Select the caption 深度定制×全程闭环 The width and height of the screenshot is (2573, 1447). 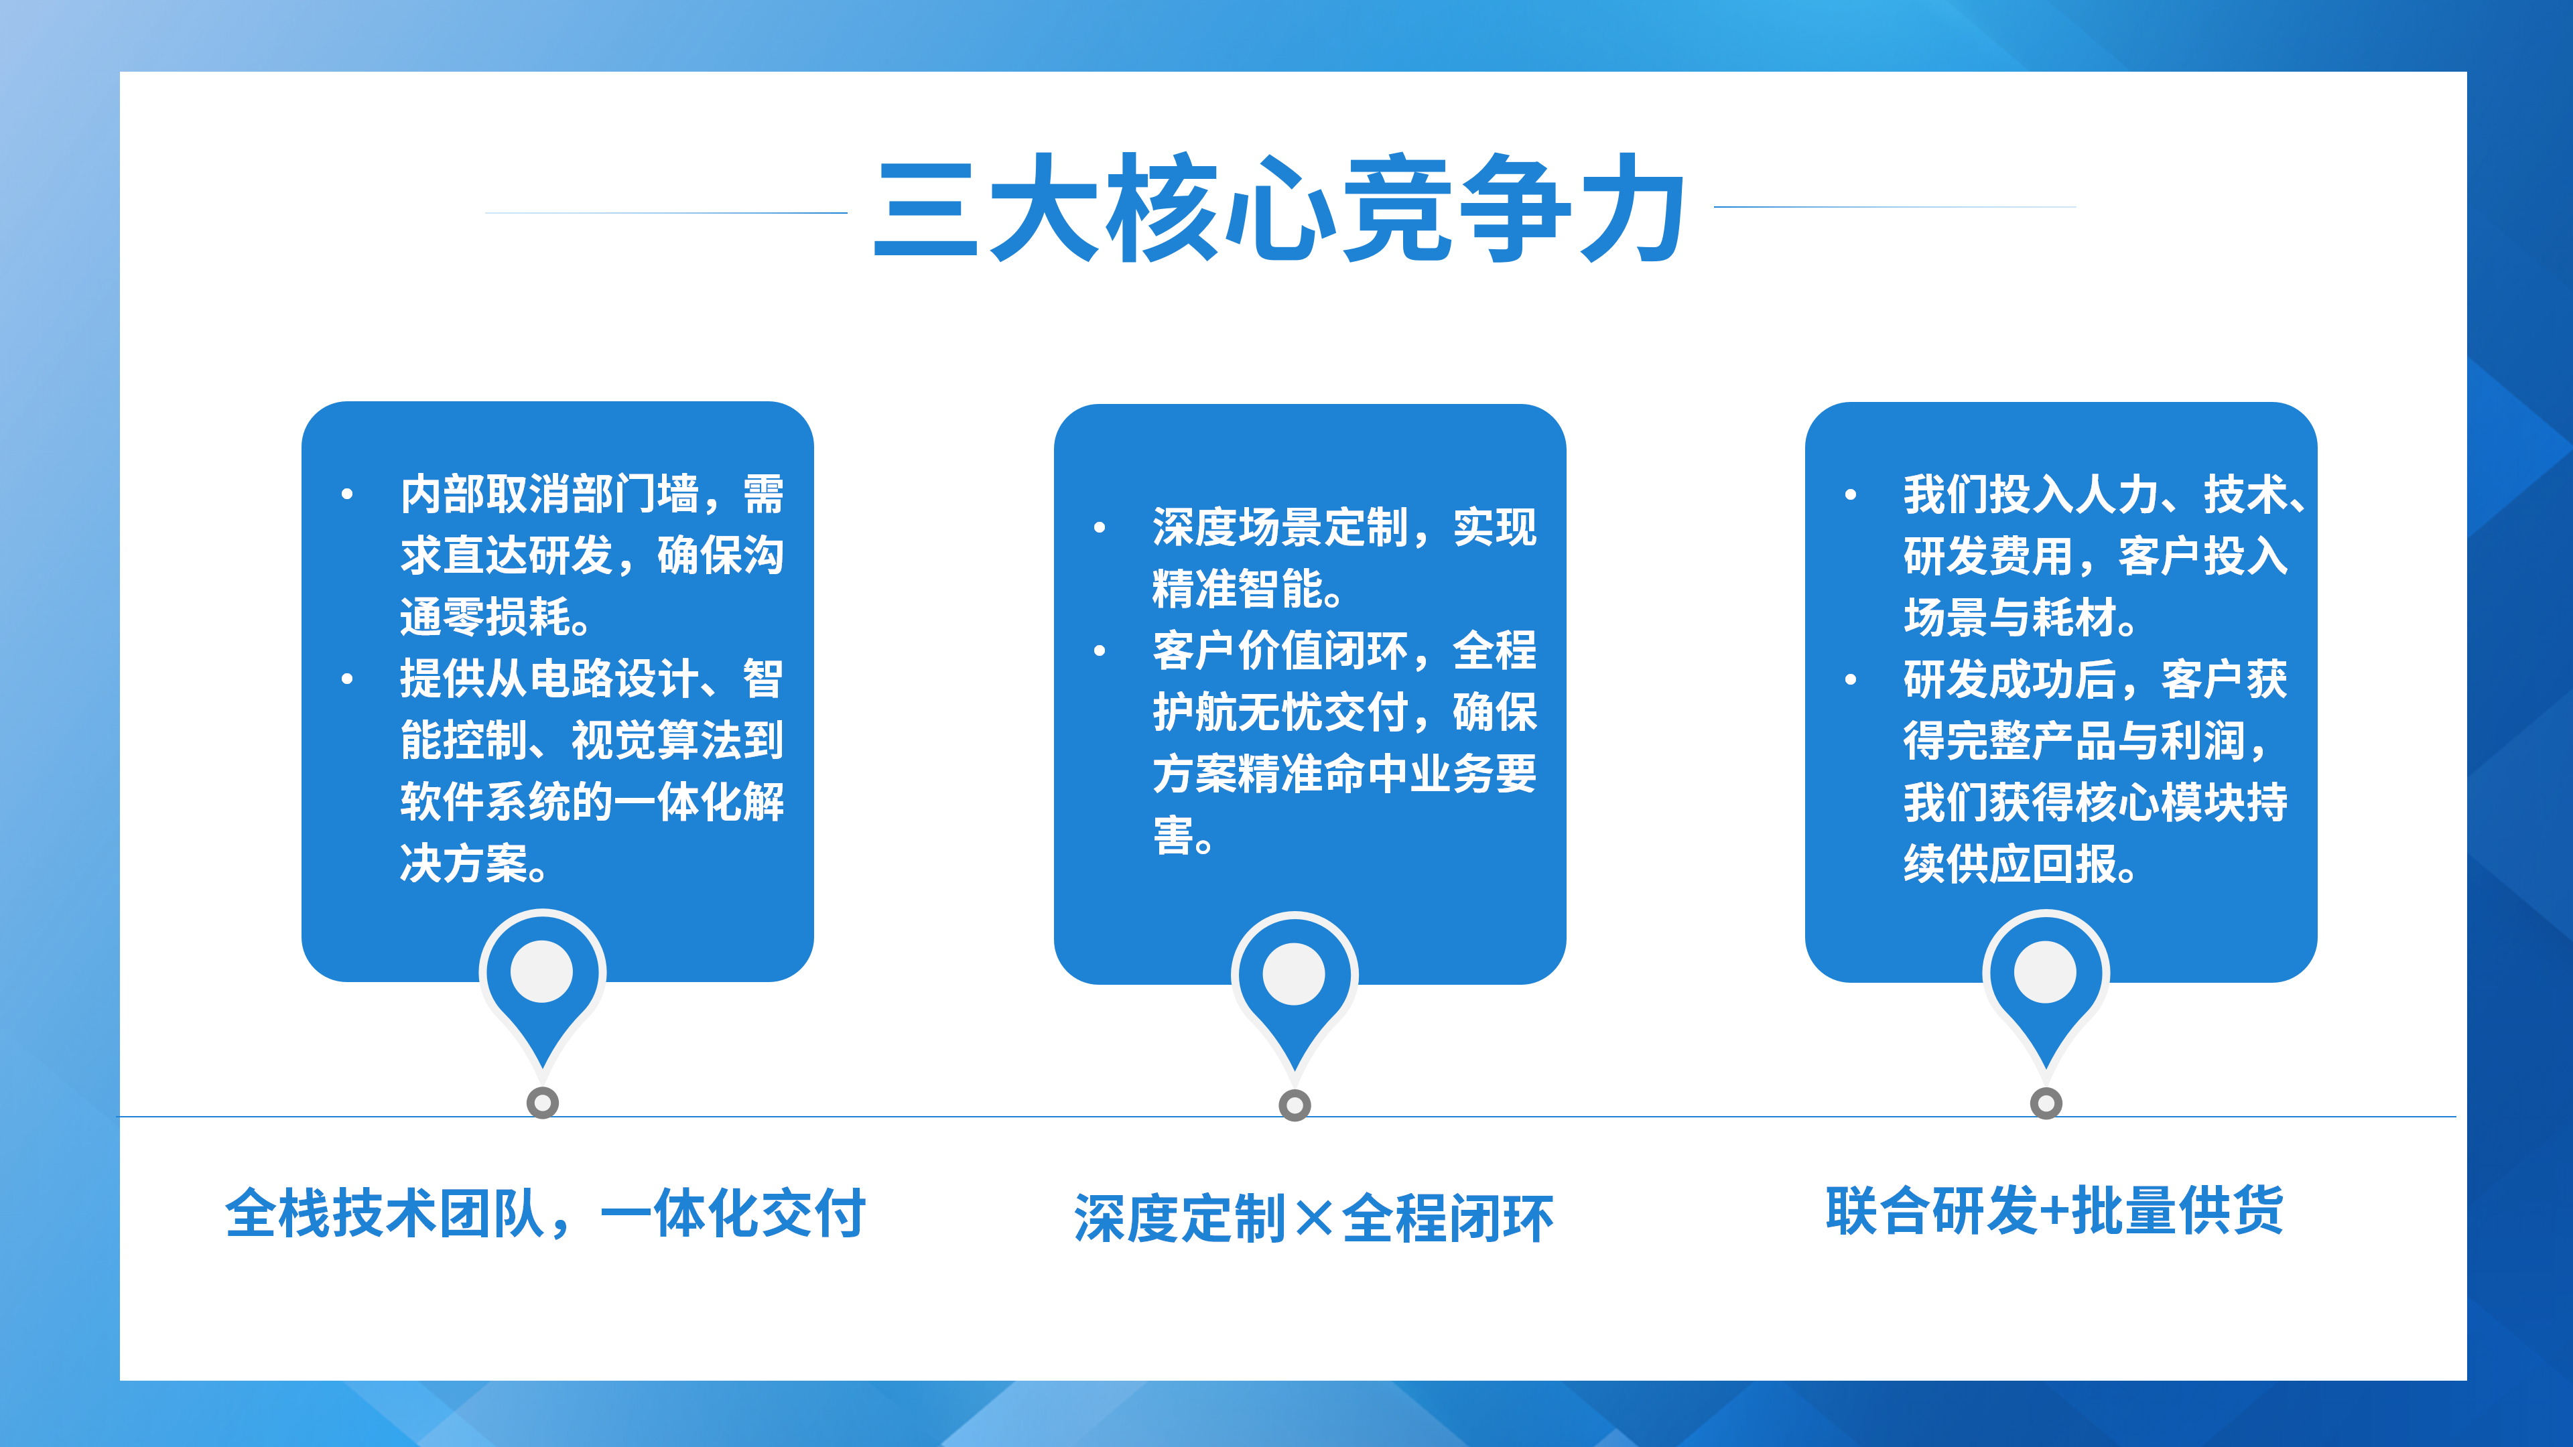pyautogui.click(x=1313, y=1219)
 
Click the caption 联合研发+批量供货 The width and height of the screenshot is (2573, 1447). pyautogui.click(x=2054, y=1211)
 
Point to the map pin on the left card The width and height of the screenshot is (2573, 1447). pyautogui.click(x=542, y=989)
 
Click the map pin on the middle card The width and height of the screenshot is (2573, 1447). pyautogui.click(x=1295, y=991)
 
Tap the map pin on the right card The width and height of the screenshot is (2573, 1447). pyautogui.click(x=2046, y=989)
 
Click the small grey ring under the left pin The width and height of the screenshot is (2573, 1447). pyautogui.click(x=542, y=1103)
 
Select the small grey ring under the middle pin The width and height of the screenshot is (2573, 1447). pyautogui.click(x=1295, y=1105)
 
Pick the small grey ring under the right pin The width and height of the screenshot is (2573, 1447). pyautogui.click(x=2046, y=1103)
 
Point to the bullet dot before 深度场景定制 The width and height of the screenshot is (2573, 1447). pyautogui.click(x=1099, y=527)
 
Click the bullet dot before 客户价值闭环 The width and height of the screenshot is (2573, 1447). pyautogui.click(x=1099, y=651)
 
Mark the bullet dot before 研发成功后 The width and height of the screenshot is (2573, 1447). pyautogui.click(x=1850, y=679)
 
